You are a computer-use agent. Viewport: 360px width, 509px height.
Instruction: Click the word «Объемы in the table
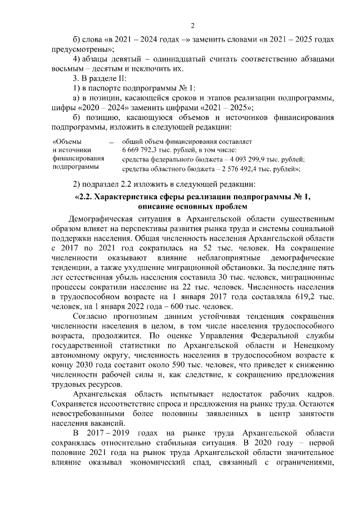pyautogui.click(x=66, y=141)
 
